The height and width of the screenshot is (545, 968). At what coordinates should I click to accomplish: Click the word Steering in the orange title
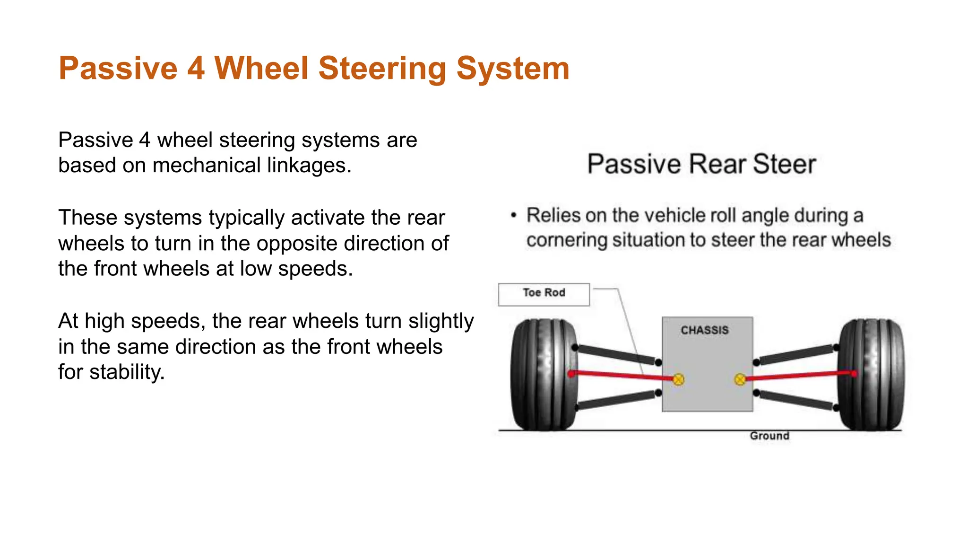click(x=382, y=69)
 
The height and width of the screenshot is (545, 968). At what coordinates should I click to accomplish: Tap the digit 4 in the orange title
click(x=196, y=69)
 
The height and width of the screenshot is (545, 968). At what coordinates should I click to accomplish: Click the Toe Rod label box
click(x=544, y=294)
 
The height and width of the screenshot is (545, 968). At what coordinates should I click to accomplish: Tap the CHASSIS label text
click(x=704, y=330)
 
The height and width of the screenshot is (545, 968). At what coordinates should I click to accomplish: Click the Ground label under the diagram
click(x=769, y=436)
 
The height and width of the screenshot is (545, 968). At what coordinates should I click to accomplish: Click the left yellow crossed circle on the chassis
click(x=678, y=379)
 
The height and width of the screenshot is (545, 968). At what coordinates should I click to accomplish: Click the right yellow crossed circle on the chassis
click(x=740, y=379)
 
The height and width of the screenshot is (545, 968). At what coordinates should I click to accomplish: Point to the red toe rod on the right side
click(x=799, y=376)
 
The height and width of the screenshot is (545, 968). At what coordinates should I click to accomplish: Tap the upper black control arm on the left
click(x=617, y=355)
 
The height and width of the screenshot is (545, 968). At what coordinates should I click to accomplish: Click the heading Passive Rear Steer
click(x=701, y=164)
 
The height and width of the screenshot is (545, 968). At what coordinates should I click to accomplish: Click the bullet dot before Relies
click(x=514, y=215)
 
